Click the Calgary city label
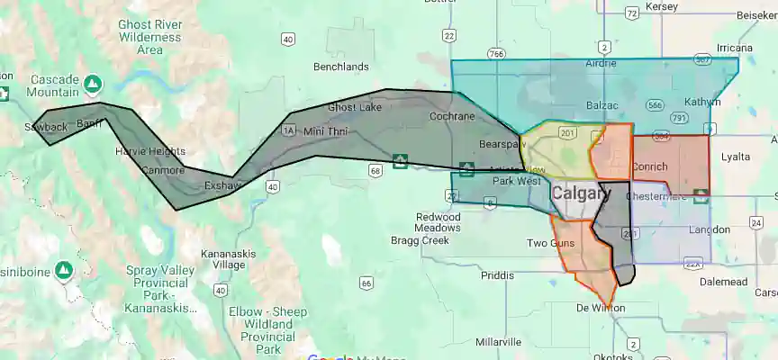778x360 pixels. coord(581,193)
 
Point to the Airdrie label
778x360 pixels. coord(601,63)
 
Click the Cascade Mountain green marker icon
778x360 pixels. coord(92,84)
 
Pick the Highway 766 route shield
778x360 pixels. coord(496,54)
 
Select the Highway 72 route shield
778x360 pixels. coord(631,13)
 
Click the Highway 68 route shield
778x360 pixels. coord(375,169)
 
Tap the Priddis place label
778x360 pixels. coord(498,276)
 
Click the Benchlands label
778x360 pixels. coord(340,67)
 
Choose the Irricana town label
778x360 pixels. coord(710,47)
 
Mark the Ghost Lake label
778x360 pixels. coord(354,107)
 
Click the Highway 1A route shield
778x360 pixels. coord(289,130)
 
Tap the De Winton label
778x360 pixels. coord(601,308)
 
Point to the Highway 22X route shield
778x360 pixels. coord(692,264)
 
